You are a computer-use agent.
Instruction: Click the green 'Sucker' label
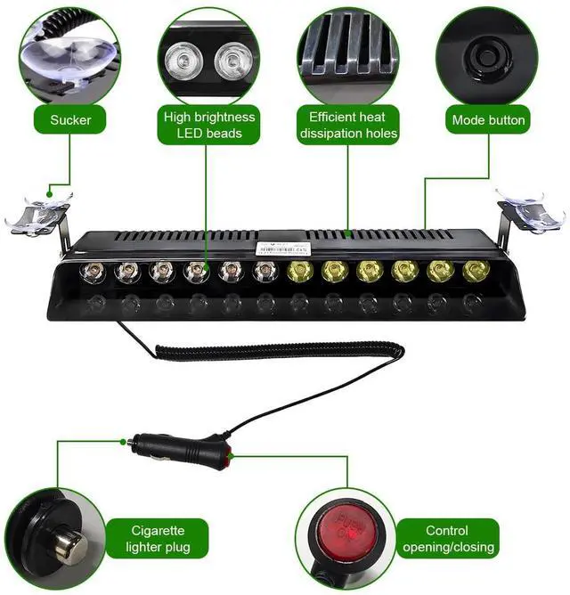tap(70, 119)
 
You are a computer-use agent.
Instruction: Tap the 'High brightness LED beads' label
tap(209, 126)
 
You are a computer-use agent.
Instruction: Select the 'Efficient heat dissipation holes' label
tap(348, 126)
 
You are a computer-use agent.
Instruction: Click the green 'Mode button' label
tap(488, 119)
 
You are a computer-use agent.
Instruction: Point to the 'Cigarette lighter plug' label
tap(147, 539)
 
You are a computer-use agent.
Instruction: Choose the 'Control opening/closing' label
tap(446, 539)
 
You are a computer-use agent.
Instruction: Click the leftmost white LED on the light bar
tap(92, 270)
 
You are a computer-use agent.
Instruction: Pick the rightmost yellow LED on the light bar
tap(471, 271)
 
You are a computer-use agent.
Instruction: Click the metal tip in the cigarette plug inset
tap(62, 543)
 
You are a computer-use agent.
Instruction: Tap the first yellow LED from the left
tap(298, 271)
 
